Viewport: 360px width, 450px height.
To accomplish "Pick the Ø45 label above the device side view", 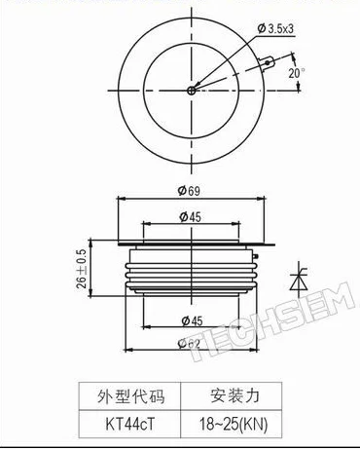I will point(190,216).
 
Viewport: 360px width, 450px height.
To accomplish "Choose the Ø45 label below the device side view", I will point(190,321).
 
